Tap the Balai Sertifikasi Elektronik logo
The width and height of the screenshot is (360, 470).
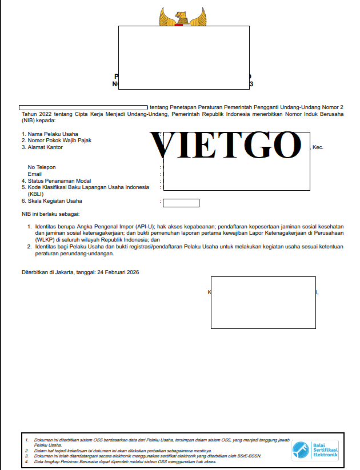(315, 451)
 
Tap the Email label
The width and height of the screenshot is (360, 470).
(35, 174)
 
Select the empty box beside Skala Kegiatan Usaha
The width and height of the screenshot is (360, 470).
(181, 203)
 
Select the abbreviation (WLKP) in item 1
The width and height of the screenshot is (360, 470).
(43, 240)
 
